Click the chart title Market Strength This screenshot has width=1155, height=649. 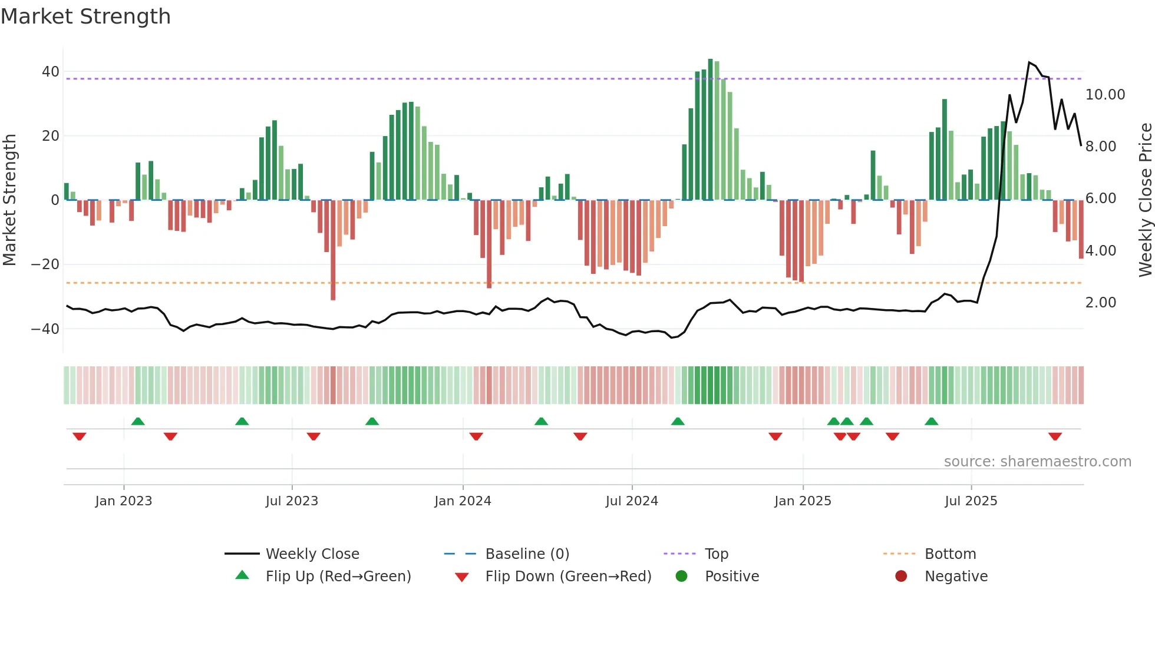click(x=85, y=16)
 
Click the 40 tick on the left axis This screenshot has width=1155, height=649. click(x=51, y=72)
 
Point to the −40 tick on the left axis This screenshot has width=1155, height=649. click(x=45, y=329)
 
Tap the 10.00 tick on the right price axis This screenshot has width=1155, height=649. click(x=1105, y=95)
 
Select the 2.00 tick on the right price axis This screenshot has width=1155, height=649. click(x=1100, y=303)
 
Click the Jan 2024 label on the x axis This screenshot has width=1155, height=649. click(x=463, y=501)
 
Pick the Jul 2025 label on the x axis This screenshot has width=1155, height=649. click(x=971, y=501)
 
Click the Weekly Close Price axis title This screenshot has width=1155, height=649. click(x=1145, y=200)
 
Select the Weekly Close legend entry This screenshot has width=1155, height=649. click(x=312, y=554)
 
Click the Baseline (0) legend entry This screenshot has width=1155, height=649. click(x=527, y=554)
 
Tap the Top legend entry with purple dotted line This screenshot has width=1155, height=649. click(x=716, y=554)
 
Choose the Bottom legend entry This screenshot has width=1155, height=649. click(x=950, y=554)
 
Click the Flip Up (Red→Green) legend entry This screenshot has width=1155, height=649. click(x=338, y=577)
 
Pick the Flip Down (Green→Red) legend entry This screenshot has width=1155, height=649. click(x=568, y=577)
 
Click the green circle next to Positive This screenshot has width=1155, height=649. click(x=681, y=577)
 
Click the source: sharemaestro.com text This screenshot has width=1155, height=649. click(x=1037, y=462)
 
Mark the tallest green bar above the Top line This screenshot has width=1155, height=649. click(x=710, y=130)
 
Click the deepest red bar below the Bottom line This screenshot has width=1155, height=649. click(x=333, y=250)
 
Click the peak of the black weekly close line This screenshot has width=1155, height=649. click(x=1029, y=62)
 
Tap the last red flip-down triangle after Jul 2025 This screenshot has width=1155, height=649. click(x=1055, y=436)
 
